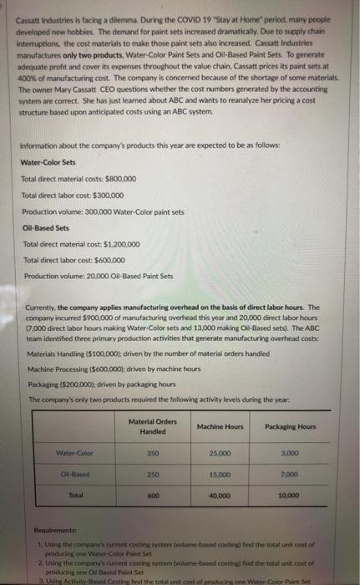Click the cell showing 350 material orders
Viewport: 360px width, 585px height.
152,454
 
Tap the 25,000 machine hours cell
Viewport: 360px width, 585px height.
221,454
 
